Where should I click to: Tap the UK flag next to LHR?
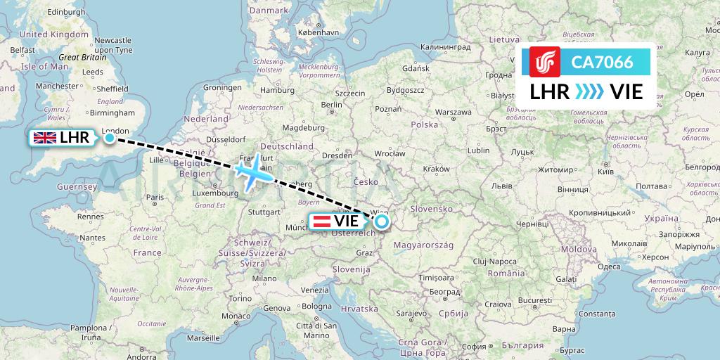click(x=45, y=138)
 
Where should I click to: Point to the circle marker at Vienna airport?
click(x=381, y=222)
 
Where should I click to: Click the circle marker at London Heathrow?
click(x=110, y=138)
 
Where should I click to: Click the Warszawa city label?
click(x=453, y=112)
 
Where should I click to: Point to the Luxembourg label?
click(x=215, y=192)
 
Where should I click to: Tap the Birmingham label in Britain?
click(x=112, y=112)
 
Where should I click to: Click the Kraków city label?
click(x=436, y=169)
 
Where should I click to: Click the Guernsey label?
click(x=77, y=187)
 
